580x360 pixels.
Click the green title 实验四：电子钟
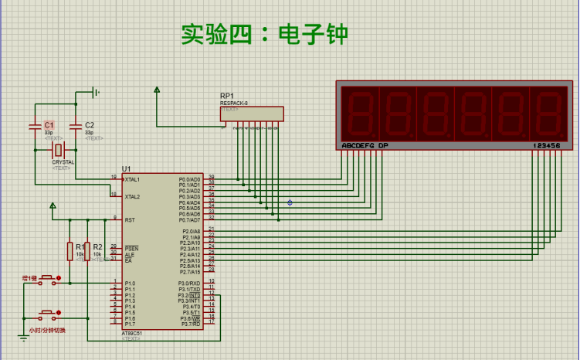[x=264, y=35]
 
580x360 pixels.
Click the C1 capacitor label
[x=49, y=124]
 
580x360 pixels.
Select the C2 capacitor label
[x=90, y=124]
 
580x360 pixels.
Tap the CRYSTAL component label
[x=63, y=162]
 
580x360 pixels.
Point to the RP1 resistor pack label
[x=227, y=96]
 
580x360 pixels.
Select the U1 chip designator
[x=126, y=168]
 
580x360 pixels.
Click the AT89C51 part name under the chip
[x=132, y=334]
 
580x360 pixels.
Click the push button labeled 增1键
[x=48, y=280]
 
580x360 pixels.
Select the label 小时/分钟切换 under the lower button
[x=47, y=331]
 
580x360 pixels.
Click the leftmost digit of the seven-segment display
[x=360, y=113]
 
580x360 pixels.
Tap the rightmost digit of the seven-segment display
[x=548, y=113]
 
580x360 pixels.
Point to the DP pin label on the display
[x=383, y=145]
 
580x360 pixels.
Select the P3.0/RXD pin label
[x=190, y=284]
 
